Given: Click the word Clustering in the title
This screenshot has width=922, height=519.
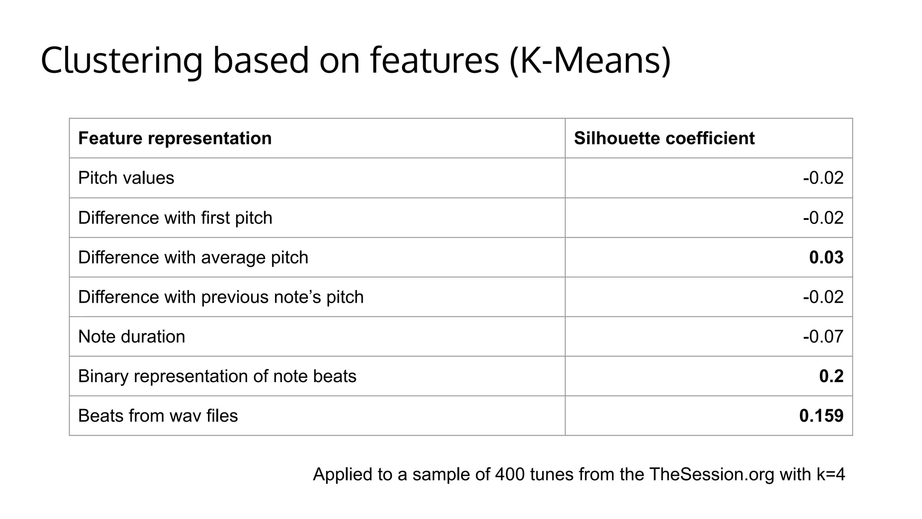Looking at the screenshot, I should (x=122, y=61).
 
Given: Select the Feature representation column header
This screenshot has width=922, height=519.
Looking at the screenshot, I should (x=175, y=138).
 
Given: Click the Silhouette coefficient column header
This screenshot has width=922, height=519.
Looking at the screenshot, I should (x=664, y=138).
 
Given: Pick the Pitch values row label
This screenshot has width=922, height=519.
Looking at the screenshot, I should (x=126, y=178).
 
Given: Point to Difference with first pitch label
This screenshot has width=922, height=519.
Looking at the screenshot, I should (x=175, y=218).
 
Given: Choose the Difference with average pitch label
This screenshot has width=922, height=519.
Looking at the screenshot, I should (x=193, y=257).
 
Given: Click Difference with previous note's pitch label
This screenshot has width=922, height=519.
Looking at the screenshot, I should (x=221, y=297).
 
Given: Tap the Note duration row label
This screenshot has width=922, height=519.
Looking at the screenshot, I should (x=131, y=337).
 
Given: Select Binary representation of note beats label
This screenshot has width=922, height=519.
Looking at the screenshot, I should (x=217, y=376).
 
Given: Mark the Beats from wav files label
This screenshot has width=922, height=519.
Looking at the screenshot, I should (x=158, y=415).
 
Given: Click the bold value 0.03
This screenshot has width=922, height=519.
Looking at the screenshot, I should (x=826, y=257).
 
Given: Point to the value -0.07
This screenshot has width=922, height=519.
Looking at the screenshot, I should (x=823, y=337).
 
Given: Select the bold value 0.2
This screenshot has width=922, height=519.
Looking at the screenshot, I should (x=831, y=376).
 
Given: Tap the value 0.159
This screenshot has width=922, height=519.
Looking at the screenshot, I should (x=821, y=415).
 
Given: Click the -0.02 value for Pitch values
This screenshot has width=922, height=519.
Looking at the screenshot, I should (x=823, y=178).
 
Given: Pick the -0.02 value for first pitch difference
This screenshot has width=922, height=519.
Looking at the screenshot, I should (x=823, y=218).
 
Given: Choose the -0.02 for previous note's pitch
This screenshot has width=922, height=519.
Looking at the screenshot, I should (x=823, y=297).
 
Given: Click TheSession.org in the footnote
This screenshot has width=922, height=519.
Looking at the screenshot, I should (x=711, y=474).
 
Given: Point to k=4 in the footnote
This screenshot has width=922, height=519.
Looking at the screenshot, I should (x=831, y=474).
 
